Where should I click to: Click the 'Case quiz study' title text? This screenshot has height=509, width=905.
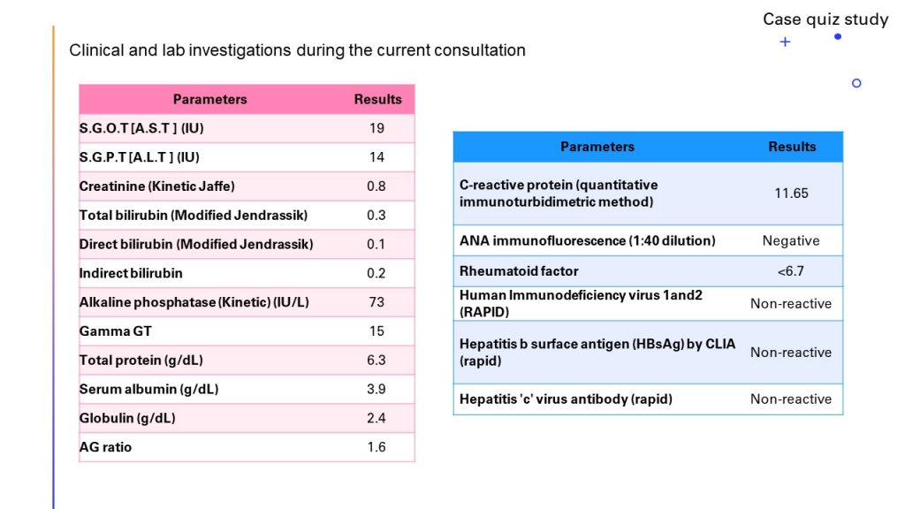825,19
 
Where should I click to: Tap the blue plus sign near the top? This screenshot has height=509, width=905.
785,42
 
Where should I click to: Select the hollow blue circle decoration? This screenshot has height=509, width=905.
856,83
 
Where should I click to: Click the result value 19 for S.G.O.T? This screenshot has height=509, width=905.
376,128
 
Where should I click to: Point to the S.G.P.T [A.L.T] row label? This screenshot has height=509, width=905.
139,157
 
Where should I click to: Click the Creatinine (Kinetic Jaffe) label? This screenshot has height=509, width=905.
156,186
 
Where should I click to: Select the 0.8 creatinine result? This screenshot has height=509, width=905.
376,186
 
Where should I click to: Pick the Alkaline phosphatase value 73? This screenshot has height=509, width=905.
376,302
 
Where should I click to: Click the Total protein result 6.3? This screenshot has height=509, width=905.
376,361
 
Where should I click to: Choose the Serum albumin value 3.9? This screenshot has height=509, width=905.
376,390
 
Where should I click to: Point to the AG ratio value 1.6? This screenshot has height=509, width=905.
376,447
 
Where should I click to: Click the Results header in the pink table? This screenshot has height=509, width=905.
377,100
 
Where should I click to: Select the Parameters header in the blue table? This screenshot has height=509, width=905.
597,147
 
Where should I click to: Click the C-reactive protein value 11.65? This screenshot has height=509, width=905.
791,193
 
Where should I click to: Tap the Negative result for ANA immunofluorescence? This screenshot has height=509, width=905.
791,240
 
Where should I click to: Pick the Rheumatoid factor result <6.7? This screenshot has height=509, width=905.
791,271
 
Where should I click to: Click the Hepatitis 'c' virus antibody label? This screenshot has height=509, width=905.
566,399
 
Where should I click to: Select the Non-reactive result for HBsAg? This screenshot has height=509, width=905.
791,352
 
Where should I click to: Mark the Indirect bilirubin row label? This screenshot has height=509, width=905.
131,273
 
